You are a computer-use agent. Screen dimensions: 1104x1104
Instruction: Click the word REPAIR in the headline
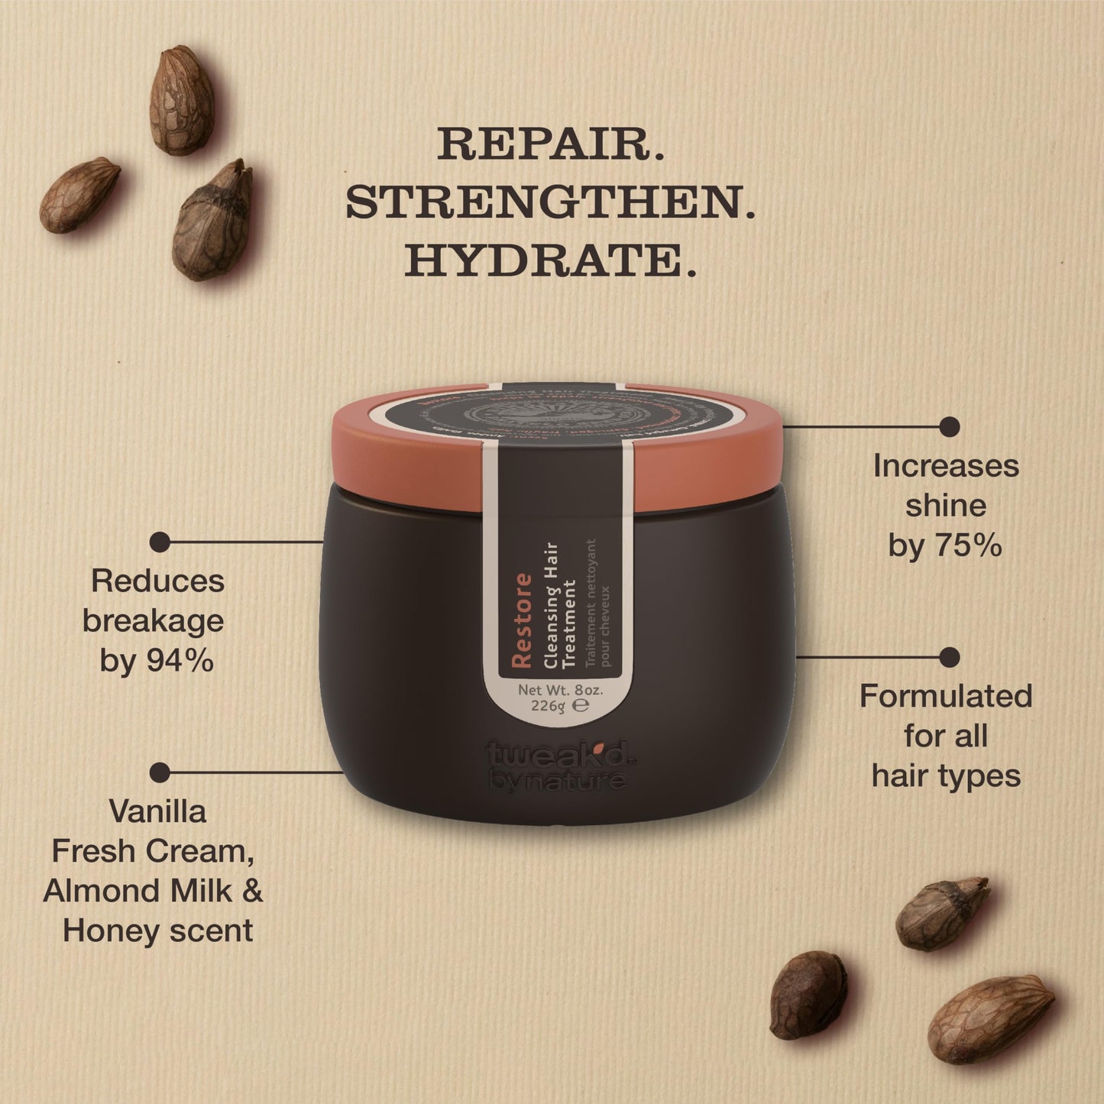tap(546, 144)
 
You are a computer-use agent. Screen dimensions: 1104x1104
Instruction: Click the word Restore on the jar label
tap(522, 620)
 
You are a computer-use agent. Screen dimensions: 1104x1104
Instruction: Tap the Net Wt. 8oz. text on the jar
tap(561, 689)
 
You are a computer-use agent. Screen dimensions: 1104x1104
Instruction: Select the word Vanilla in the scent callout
tap(158, 811)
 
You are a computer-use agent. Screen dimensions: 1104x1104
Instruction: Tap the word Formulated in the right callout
tap(946, 696)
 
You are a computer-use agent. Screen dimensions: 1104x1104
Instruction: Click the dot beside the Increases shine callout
tap(950, 426)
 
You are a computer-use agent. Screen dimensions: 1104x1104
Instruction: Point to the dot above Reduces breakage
tap(160, 542)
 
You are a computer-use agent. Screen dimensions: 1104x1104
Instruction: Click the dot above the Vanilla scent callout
tap(160, 772)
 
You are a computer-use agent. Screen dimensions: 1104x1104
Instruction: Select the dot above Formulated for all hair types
tap(950, 657)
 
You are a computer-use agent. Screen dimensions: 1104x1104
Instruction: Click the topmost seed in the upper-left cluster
tap(182, 99)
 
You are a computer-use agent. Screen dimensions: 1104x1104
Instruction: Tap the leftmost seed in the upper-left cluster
tap(79, 194)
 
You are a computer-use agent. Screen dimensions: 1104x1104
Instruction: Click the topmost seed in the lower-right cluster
tap(941, 914)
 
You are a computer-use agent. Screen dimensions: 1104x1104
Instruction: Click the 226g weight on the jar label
tap(548, 707)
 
